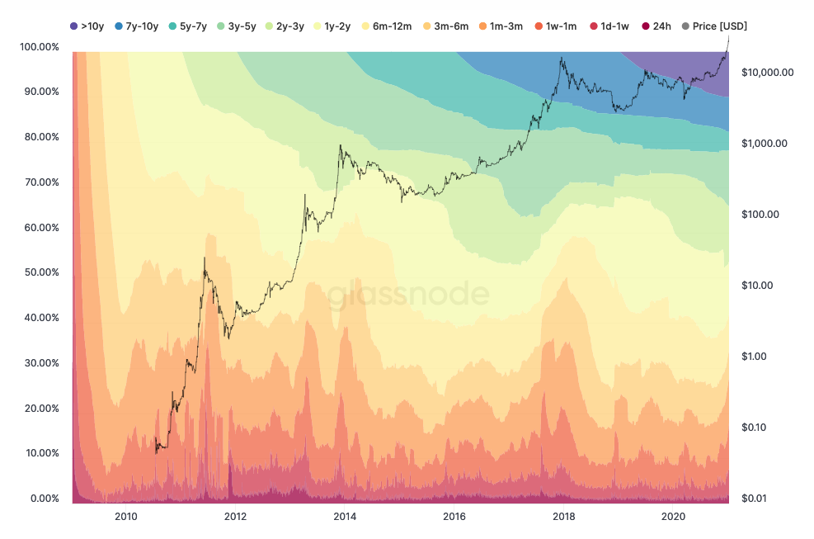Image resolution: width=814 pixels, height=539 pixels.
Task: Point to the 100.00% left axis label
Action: coord(38,47)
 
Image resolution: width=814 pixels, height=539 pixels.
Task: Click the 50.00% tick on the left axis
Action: coord(40,272)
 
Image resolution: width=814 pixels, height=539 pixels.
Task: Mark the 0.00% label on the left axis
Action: coord(42,499)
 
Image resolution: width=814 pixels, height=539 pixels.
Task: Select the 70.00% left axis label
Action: coord(40,182)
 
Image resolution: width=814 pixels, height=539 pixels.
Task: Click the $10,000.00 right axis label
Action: coord(768,72)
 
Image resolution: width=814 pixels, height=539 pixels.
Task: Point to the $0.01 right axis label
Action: coord(755,499)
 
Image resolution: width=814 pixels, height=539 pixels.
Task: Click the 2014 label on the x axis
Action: coord(345,517)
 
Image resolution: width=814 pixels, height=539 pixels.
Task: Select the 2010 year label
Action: coord(125,517)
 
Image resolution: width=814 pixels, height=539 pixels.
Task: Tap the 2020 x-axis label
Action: coord(674,517)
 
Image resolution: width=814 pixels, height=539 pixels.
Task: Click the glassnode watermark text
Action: coord(409,295)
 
